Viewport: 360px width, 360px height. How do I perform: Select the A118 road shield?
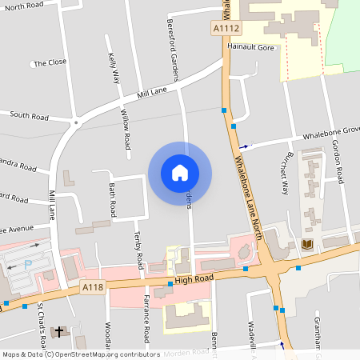(93, 286)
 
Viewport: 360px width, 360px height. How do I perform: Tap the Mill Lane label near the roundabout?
(151, 94)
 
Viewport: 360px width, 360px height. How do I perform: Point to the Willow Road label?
(126, 130)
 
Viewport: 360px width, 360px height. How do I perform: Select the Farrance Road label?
(146, 317)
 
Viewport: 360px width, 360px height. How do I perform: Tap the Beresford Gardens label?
(172, 50)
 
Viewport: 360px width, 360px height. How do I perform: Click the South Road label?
(30, 115)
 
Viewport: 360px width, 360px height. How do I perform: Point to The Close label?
(49, 62)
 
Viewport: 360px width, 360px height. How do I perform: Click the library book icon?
(308, 244)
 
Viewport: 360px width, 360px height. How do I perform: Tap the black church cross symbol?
(58, 330)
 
